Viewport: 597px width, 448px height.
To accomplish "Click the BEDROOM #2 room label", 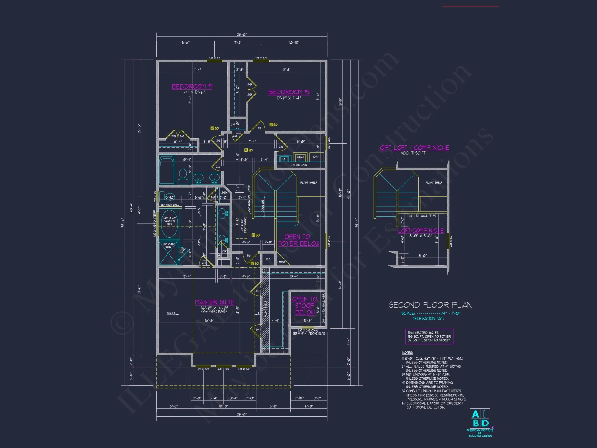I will tap(192, 86).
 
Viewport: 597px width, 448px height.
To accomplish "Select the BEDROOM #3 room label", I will tap(289, 92).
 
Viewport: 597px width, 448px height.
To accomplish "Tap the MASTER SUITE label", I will tap(214, 302).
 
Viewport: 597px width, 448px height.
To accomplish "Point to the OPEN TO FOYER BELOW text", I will tap(298, 240).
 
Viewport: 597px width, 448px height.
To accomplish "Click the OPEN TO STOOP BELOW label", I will tap(305, 306).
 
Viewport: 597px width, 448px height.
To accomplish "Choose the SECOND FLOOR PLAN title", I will tap(430, 305).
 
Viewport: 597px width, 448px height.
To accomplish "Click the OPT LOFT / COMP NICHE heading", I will tap(414, 148).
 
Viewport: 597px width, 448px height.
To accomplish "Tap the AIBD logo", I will tap(480, 419).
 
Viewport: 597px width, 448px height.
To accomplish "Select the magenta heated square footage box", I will tap(429, 336).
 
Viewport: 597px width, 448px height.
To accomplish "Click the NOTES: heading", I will tap(407, 353).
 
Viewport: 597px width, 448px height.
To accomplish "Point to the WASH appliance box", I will tap(300, 157).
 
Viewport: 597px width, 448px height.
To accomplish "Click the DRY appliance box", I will tap(316, 157).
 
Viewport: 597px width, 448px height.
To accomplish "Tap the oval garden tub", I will tap(170, 223).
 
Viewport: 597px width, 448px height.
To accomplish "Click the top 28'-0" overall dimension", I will tap(242, 35).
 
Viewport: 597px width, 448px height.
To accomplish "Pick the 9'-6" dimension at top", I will tap(185, 43).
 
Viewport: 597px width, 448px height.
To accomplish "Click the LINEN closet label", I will tap(224, 193).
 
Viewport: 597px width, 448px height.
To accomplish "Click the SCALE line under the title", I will tap(430, 313).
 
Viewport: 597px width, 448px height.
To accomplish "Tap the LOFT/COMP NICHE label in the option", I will tap(421, 231).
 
